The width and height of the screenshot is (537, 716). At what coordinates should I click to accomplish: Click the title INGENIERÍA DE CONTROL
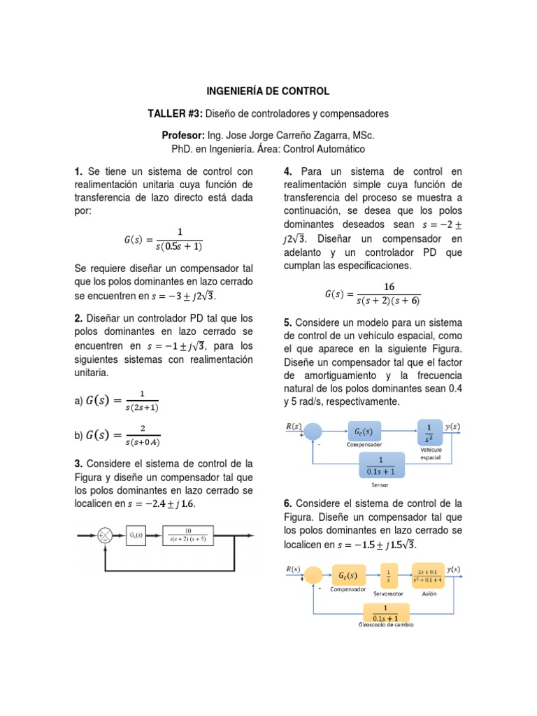coord(268,92)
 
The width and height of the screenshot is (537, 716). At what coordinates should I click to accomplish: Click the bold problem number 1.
coord(78,172)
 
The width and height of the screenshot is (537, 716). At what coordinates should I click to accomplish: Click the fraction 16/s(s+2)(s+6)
coord(389,294)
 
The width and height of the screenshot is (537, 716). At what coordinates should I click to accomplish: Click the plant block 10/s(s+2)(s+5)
coord(188,536)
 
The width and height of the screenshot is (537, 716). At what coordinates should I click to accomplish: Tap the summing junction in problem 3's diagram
coord(106,536)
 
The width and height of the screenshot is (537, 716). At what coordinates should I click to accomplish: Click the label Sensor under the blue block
coord(380,484)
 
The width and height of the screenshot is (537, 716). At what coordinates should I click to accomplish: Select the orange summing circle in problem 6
coord(313,575)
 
